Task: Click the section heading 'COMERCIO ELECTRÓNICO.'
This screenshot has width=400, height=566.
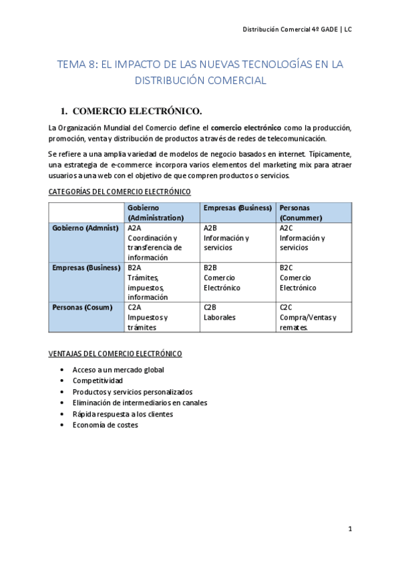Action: (x=136, y=110)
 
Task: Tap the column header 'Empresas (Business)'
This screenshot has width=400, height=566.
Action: (x=237, y=208)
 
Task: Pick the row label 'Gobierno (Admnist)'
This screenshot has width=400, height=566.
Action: (x=85, y=228)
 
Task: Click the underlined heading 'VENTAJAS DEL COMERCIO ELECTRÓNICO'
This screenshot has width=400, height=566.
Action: (x=116, y=353)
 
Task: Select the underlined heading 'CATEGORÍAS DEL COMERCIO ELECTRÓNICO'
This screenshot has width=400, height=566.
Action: (x=120, y=192)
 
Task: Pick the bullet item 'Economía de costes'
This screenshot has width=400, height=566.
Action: (x=106, y=425)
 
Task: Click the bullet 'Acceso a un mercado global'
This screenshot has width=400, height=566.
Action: (x=118, y=370)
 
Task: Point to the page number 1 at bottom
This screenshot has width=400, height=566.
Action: (x=349, y=529)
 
